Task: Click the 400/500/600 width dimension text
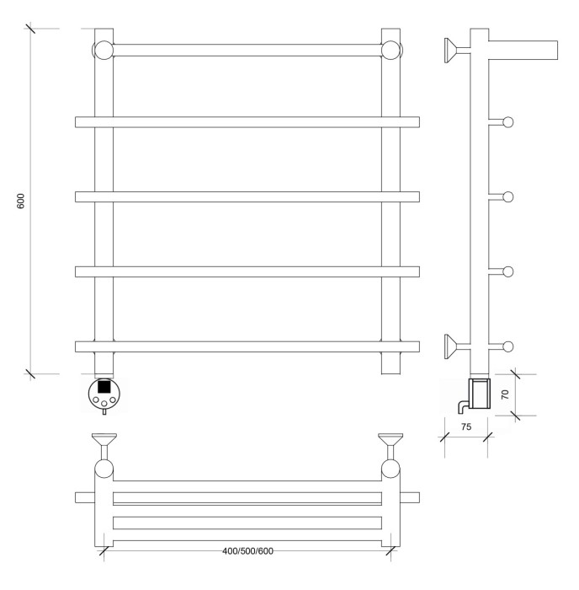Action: [247, 551]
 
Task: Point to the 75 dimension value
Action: [465, 427]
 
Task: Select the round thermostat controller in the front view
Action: [104, 394]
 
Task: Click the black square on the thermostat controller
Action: [104, 387]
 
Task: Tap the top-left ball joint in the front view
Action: [103, 50]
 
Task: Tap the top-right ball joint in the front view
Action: [390, 50]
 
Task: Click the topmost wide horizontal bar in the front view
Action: [247, 122]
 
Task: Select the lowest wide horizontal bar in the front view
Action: [247, 346]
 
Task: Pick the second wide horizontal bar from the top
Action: [247, 197]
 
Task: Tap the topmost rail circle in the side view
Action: [507, 123]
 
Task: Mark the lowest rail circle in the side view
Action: [507, 346]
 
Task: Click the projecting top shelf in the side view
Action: [523, 49]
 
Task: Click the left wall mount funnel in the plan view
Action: [104, 442]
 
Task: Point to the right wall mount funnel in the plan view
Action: [390, 442]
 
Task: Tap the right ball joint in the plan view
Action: [390, 469]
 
